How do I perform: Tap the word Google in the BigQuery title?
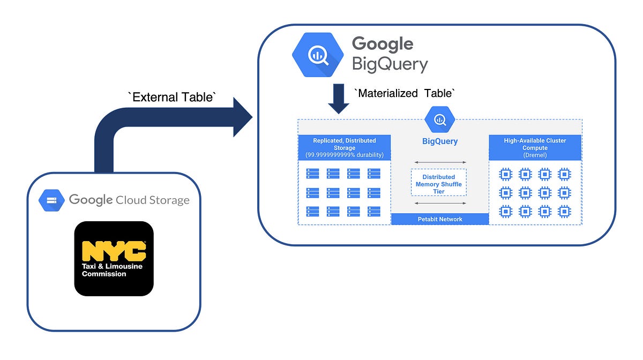click(x=382, y=43)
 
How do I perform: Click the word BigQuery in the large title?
click(x=390, y=64)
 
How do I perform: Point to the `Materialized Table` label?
click(x=405, y=93)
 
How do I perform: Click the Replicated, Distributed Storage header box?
click(x=345, y=148)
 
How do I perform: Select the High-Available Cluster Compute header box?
click(x=535, y=148)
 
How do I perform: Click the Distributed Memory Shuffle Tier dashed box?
click(x=439, y=183)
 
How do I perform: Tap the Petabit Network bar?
click(x=440, y=219)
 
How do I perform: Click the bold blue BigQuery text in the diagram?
click(x=439, y=142)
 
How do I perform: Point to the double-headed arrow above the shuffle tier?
click(x=439, y=162)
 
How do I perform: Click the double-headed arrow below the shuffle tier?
click(x=439, y=203)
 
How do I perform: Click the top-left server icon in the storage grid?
click(x=312, y=174)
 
